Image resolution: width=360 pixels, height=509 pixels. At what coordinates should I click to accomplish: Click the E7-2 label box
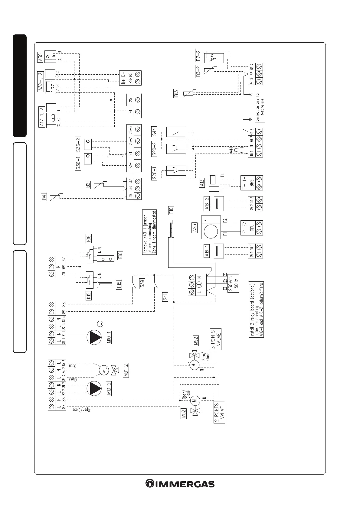[198, 56]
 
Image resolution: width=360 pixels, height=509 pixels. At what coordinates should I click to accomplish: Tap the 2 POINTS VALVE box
[219, 412]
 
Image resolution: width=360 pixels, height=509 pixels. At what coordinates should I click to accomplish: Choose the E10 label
[171, 211]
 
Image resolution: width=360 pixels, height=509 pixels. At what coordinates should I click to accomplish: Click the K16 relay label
[88, 239]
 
